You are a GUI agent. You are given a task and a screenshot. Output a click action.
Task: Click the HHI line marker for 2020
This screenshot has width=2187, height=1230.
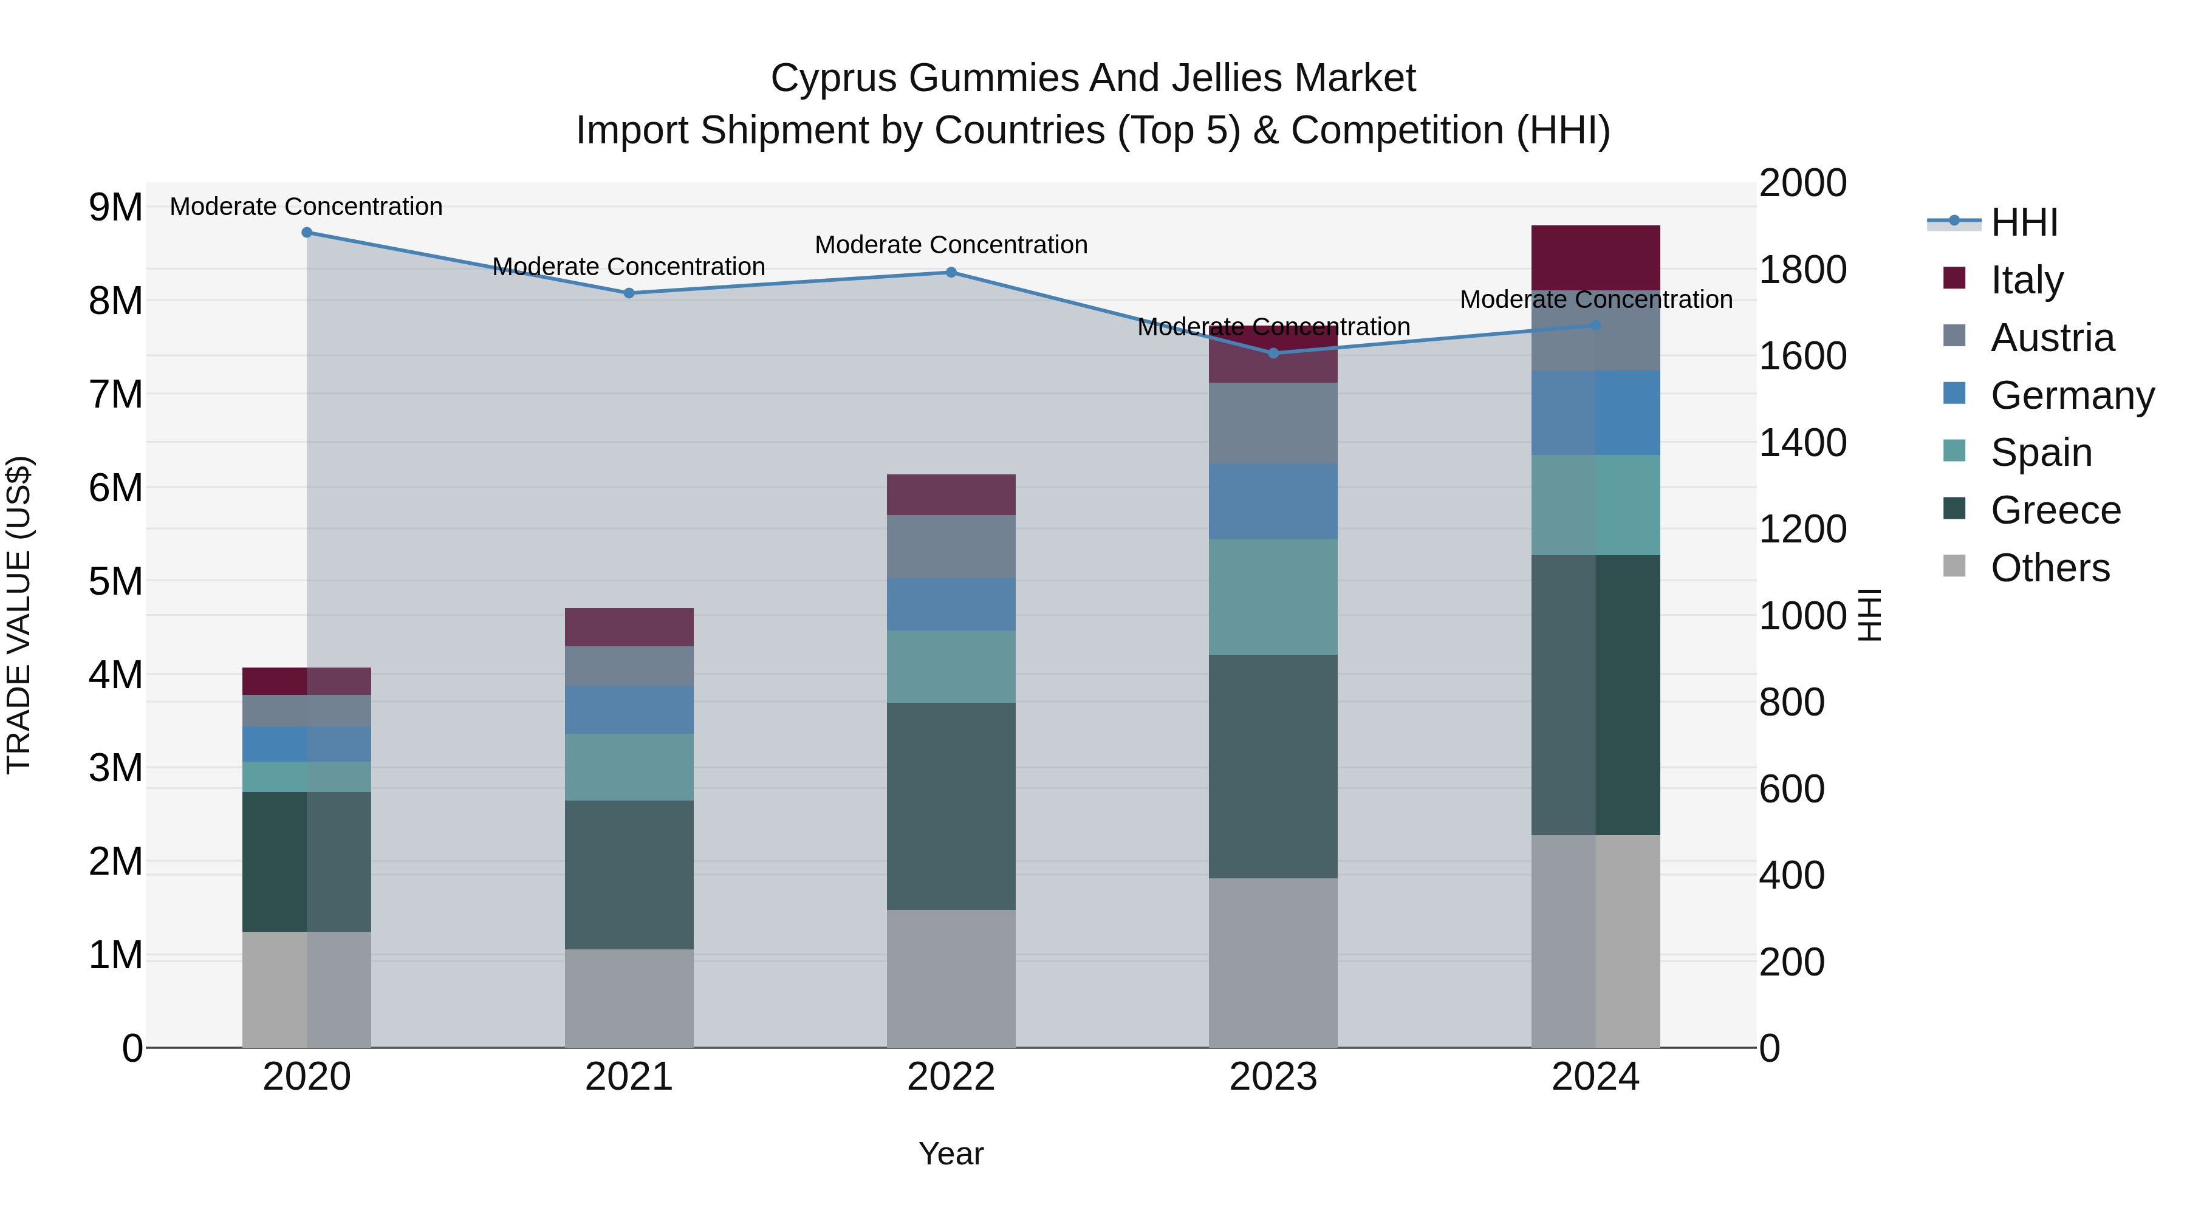[x=307, y=233]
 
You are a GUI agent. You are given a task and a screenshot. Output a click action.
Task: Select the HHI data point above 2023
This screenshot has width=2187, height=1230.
[x=1273, y=353]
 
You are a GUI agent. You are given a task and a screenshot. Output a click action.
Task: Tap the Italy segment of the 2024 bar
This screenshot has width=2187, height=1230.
[x=1595, y=257]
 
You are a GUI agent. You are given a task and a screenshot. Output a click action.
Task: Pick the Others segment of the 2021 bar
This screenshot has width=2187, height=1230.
[x=629, y=997]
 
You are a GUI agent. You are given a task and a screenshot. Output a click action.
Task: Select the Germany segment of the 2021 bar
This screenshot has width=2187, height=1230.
[x=629, y=709]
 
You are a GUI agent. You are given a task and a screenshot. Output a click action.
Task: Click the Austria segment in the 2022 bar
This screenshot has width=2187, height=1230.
[x=951, y=547]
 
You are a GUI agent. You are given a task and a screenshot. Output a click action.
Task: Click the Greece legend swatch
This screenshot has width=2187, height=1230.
[x=1954, y=508]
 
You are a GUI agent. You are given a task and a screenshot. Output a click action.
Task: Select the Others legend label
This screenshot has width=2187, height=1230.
[x=2050, y=568]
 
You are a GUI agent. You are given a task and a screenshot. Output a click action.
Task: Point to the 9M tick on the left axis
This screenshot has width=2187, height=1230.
[x=115, y=207]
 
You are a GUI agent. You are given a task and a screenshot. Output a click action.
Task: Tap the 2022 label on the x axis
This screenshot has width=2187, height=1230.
[x=951, y=1076]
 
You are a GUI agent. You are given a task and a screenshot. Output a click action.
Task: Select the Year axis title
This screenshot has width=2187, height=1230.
[x=951, y=1153]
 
